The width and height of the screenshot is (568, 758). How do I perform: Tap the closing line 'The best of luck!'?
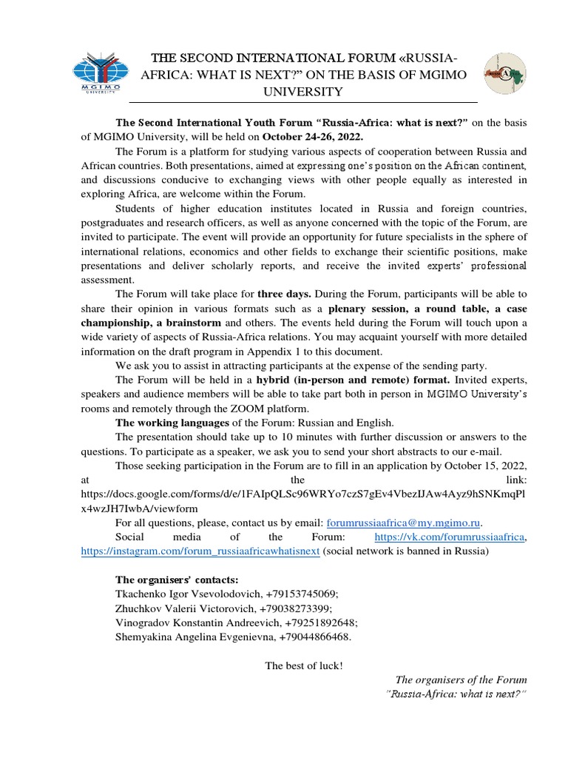[304, 665]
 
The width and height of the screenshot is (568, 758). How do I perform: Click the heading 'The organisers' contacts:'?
[177, 579]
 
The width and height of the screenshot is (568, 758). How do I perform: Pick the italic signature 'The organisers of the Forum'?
[461, 679]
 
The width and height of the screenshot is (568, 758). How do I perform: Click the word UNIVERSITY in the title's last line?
[304, 91]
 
